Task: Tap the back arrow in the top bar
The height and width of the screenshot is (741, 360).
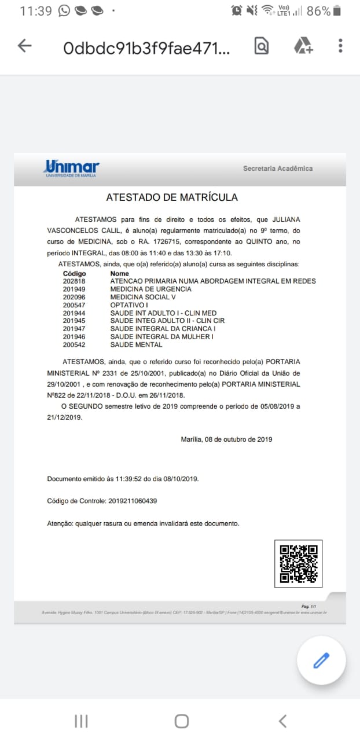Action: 24,46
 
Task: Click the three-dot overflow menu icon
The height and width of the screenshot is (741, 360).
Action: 340,46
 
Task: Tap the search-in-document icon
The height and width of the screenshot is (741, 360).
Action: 262,46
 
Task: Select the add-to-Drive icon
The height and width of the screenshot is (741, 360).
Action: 303,46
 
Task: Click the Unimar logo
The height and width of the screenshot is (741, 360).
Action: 72,168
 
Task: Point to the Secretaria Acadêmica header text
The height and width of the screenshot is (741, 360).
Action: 278,168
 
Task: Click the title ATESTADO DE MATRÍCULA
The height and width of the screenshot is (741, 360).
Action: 172,197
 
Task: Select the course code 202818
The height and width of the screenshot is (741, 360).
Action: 74,281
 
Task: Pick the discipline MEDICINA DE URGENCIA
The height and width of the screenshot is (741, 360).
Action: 150,289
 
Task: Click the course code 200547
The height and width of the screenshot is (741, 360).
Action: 74,305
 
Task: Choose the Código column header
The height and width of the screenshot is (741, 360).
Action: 75,273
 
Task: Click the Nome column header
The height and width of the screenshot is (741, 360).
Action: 119,273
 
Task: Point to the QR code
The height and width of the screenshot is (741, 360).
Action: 298,563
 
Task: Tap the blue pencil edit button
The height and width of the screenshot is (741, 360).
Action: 321,660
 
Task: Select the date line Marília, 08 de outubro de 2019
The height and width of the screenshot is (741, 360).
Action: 226,439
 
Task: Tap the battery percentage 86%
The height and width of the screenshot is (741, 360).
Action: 318,11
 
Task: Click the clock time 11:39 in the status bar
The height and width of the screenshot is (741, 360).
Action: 36,11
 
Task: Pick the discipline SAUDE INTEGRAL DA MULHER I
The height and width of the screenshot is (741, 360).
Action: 161,337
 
